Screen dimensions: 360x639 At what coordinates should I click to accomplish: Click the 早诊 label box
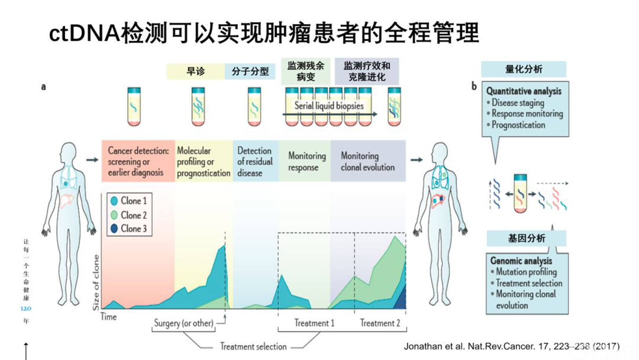pos(195,71)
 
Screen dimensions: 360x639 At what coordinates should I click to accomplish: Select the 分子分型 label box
pos(250,71)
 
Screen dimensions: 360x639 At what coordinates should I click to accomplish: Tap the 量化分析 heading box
pos(523,69)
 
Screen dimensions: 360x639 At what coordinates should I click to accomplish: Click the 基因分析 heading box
pos(526,238)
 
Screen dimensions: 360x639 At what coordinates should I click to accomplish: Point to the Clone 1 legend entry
pos(129,201)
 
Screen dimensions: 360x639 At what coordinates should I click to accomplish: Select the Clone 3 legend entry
pos(129,229)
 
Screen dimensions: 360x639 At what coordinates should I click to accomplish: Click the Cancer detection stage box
pos(138,161)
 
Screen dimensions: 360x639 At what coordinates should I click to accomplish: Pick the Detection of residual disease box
pos(255,161)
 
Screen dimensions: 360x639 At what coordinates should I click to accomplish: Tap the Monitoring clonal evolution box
pos(368,161)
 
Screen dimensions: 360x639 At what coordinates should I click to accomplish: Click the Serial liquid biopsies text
pos(329,106)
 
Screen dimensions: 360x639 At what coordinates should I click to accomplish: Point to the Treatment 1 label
pos(314,323)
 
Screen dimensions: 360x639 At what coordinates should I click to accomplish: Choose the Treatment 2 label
pos(380,323)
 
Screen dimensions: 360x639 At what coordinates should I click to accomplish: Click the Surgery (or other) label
pos(183,323)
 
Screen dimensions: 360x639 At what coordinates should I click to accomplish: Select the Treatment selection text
pos(253,347)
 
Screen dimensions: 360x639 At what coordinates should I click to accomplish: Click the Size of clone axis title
pos(96,282)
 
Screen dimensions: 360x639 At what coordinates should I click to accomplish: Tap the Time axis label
pos(109,316)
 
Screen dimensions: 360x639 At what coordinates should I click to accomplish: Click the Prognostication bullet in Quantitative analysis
pos(518,125)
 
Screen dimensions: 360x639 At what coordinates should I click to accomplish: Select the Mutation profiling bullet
pos(526,272)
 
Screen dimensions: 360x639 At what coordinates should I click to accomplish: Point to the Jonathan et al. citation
pos(512,346)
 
